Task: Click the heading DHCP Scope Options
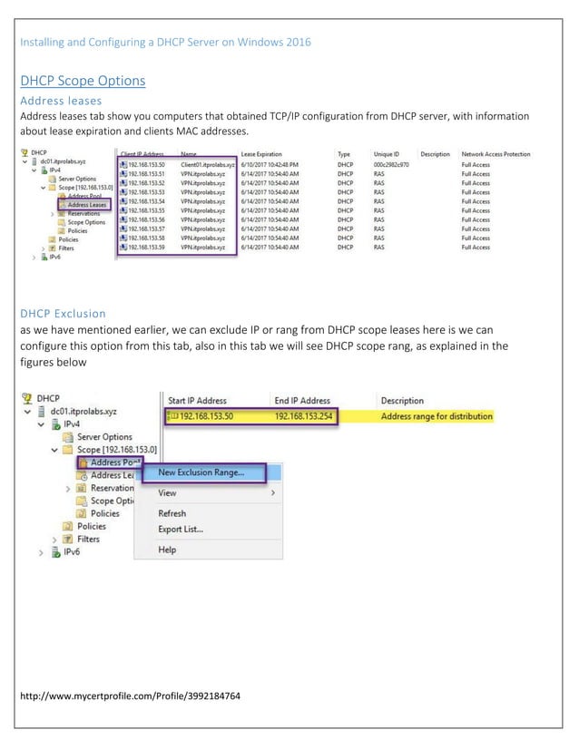(x=83, y=81)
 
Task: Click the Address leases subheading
(x=60, y=101)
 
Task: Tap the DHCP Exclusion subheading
(x=63, y=315)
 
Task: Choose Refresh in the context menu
(x=172, y=513)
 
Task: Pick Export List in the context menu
(x=181, y=530)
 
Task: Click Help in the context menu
(x=167, y=550)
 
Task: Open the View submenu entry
(x=167, y=492)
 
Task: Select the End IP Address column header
(x=302, y=400)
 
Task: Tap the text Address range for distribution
(x=437, y=416)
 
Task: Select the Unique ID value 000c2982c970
(x=390, y=165)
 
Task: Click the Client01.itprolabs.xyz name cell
(x=208, y=165)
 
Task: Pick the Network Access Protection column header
(x=496, y=155)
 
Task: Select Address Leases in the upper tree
(x=87, y=205)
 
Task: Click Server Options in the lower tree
(x=105, y=436)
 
